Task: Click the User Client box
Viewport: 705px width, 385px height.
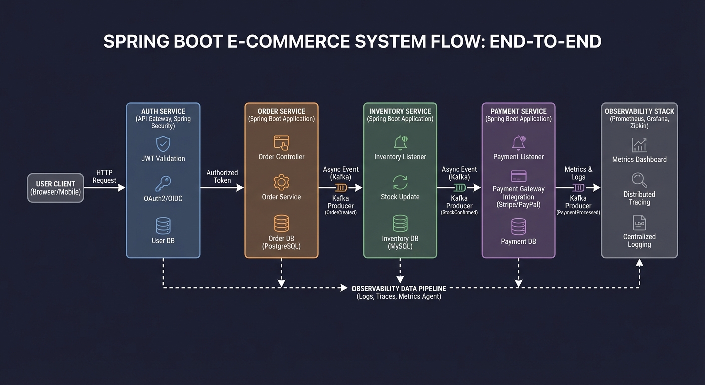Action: pyautogui.click(x=55, y=188)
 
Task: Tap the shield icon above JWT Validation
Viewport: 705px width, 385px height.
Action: pyautogui.click(x=163, y=144)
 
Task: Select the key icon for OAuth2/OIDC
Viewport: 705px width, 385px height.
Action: pyautogui.click(x=163, y=183)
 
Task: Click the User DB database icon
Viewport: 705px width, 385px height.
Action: pyautogui.click(x=163, y=225)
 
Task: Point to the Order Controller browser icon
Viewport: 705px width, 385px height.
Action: pyautogui.click(x=281, y=142)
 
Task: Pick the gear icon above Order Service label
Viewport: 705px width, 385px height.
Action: pyautogui.click(x=281, y=181)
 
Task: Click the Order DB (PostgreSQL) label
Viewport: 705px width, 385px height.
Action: pyautogui.click(x=281, y=242)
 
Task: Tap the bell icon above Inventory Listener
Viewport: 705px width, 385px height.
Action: pyautogui.click(x=400, y=143)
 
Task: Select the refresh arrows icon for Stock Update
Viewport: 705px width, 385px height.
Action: pyautogui.click(x=400, y=182)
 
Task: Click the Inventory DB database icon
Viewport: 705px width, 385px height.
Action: pyautogui.click(x=400, y=223)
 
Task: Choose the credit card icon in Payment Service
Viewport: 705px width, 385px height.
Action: pyautogui.click(x=518, y=176)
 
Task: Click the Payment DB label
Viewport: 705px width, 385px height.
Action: pyautogui.click(x=518, y=241)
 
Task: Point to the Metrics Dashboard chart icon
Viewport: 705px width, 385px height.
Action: pyautogui.click(x=639, y=145)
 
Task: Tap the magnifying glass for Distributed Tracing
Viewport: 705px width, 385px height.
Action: pyautogui.click(x=639, y=180)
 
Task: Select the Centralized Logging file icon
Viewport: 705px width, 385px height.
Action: pyautogui.click(x=639, y=223)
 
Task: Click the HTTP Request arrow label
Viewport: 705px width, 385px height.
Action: pyautogui.click(x=104, y=176)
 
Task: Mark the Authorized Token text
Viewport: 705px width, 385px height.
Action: pyautogui.click(x=222, y=176)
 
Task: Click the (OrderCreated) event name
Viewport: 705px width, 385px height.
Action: pyautogui.click(x=340, y=213)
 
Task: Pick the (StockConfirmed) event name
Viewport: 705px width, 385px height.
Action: pyautogui.click(x=459, y=213)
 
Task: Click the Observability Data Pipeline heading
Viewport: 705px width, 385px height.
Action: pyautogui.click(x=399, y=289)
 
